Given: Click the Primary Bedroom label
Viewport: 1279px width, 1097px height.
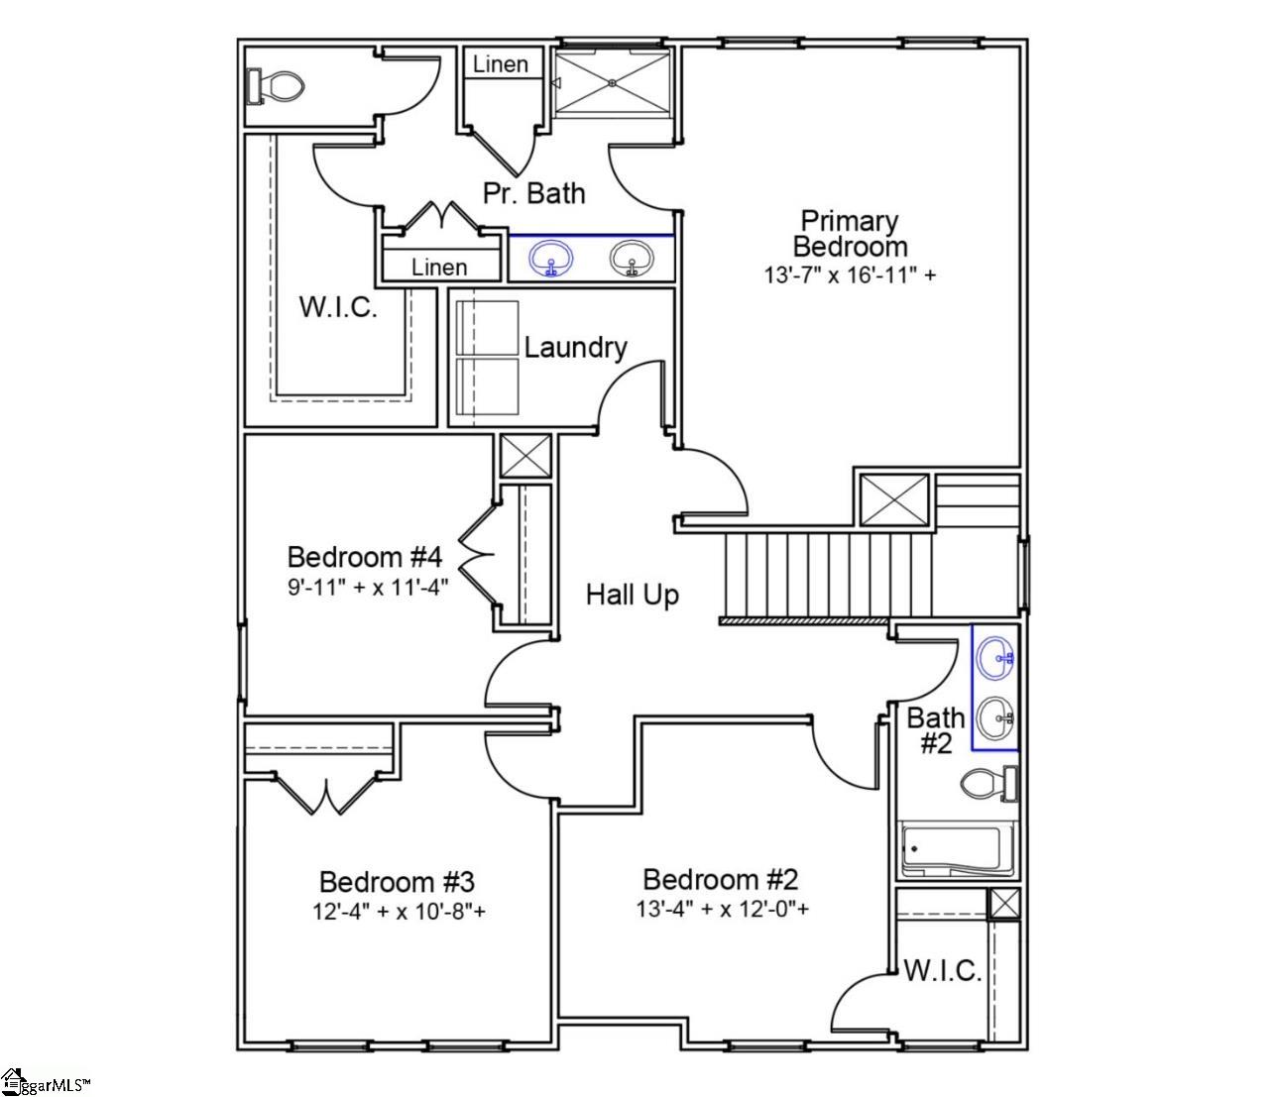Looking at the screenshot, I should [849, 233].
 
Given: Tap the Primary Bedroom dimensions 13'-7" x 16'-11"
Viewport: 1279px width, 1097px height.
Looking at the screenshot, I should [849, 274].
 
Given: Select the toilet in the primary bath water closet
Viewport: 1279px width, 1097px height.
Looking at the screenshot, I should [275, 86].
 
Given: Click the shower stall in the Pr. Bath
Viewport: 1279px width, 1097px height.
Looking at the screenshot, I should [612, 82].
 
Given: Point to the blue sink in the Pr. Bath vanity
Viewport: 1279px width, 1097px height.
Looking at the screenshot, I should [550, 260].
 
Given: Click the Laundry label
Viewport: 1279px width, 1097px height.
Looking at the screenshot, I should [575, 348].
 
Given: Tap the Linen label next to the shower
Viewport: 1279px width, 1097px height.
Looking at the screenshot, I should [501, 64].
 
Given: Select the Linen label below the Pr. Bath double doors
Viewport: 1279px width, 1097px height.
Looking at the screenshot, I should [439, 267].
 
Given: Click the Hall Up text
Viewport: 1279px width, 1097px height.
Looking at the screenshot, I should [633, 595].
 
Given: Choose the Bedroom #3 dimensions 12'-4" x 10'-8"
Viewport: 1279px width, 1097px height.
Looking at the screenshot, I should [399, 911].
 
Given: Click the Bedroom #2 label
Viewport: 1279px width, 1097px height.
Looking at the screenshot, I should [720, 879].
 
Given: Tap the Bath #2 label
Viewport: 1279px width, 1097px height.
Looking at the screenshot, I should [935, 729].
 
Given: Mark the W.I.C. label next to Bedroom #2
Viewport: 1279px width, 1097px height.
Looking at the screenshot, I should [942, 970].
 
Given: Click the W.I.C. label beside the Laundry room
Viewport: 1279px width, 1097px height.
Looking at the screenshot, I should [338, 306].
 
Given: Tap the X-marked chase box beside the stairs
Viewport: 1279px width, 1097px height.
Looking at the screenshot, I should [893, 499].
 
